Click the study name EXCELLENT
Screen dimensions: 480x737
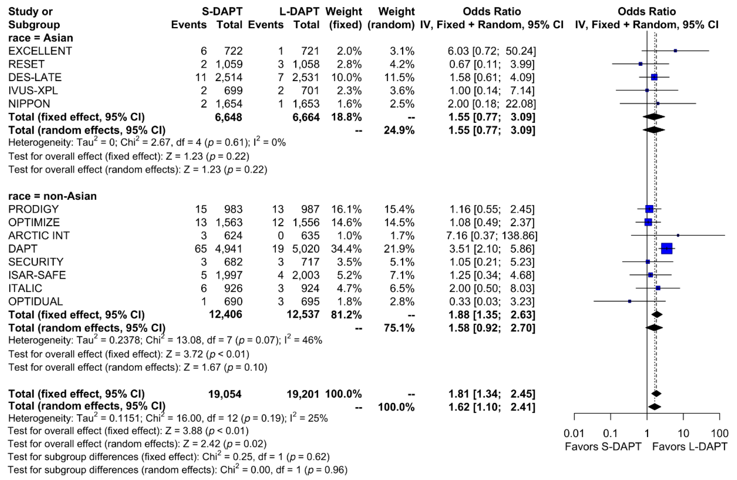point(40,51)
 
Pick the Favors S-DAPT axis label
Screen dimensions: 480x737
point(603,447)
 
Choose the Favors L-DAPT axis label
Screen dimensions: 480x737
point(690,447)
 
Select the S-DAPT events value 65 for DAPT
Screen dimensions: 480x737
point(201,249)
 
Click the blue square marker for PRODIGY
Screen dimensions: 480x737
point(649,209)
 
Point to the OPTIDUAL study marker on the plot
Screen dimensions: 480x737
point(629,301)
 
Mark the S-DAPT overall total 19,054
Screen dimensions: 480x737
point(225,394)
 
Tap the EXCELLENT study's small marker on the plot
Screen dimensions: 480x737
point(675,51)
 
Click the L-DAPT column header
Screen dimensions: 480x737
point(299,11)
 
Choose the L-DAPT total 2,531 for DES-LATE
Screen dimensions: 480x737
point(306,77)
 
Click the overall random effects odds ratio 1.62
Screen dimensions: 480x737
point(459,407)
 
